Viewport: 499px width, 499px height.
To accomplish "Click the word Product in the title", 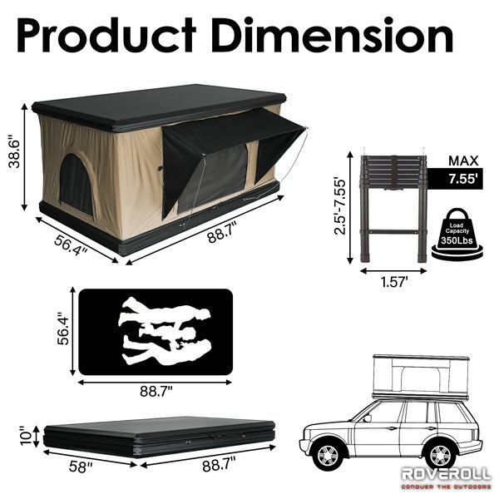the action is (106, 36).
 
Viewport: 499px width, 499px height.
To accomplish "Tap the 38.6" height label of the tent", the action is (15, 152).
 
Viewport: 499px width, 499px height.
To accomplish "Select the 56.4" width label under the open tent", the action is (71, 245).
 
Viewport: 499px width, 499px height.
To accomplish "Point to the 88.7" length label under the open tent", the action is (222, 233).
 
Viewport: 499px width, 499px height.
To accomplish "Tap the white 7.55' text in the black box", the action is (463, 179).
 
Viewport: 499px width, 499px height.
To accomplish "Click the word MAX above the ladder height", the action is (463, 161).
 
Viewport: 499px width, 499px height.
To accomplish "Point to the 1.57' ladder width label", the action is (394, 282).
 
